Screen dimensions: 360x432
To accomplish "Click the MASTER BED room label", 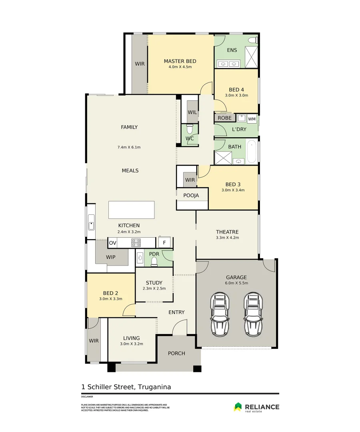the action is click(x=180, y=61).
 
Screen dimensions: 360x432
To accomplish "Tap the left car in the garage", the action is click(x=220, y=314).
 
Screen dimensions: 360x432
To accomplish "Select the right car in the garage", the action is click(x=253, y=314).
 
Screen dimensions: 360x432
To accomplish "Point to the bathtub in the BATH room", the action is click(x=252, y=152).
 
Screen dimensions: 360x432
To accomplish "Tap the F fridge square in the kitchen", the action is click(x=164, y=242).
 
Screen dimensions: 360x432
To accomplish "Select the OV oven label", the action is click(x=112, y=243).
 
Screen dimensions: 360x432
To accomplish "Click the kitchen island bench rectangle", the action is click(x=131, y=210).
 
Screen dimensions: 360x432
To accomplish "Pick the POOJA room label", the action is click(x=191, y=196).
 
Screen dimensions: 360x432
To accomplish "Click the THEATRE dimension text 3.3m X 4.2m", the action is click(x=227, y=238).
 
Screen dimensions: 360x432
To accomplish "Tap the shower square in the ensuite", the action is click(x=251, y=57).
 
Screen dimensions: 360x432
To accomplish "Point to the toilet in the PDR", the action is click(x=155, y=261).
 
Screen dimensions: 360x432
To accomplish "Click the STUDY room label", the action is click(x=154, y=283).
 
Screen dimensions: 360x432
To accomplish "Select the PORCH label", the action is click(x=176, y=353).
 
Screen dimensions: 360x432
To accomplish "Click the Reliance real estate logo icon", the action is click(x=238, y=407).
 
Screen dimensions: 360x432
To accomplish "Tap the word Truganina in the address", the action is click(x=154, y=387).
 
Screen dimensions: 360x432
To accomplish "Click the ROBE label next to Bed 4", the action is click(x=225, y=118).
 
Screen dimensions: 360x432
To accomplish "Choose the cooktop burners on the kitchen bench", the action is click(x=136, y=242).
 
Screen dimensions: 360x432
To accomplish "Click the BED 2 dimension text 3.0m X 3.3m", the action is click(x=111, y=298).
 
